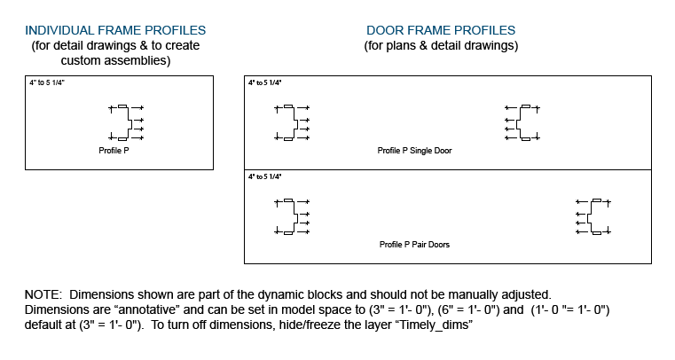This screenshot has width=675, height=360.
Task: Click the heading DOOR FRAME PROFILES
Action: click(x=441, y=30)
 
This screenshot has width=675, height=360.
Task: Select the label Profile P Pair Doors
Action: click(x=414, y=244)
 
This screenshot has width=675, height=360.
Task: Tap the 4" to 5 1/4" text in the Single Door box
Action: click(x=264, y=82)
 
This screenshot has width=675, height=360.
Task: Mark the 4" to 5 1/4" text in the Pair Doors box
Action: click(x=264, y=176)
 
